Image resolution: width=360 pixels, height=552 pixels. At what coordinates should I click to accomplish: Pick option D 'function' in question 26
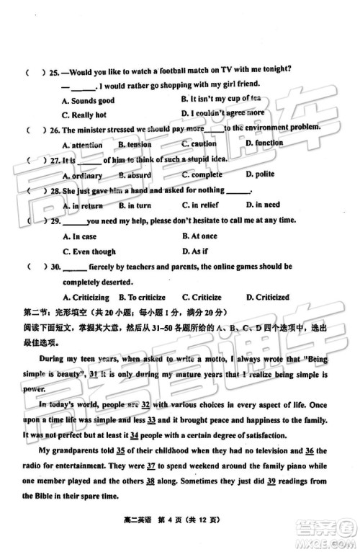[264, 143]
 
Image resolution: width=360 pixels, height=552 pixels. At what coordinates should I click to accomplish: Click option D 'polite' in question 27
[260, 174]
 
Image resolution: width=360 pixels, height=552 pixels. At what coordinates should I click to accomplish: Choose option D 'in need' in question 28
[263, 205]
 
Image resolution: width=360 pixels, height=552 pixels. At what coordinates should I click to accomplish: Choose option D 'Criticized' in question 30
[267, 297]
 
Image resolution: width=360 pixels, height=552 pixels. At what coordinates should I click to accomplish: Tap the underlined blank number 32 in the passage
[145, 405]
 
